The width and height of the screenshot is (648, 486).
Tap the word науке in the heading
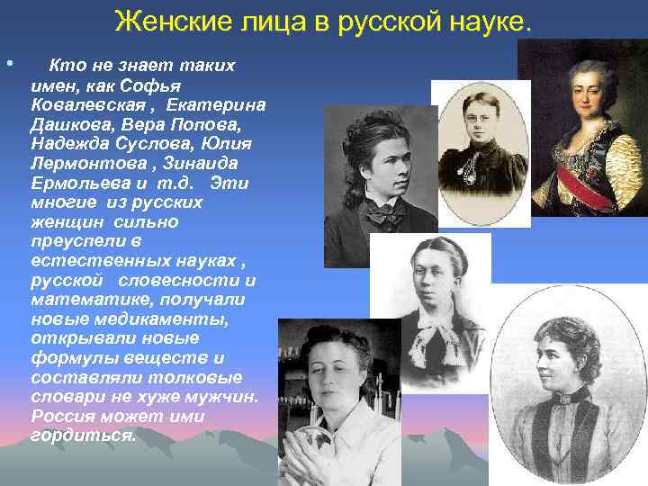(490, 20)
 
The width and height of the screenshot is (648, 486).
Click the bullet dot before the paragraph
(9, 65)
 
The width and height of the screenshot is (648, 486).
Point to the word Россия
(63, 417)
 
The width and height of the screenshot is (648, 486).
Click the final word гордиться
(84, 436)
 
